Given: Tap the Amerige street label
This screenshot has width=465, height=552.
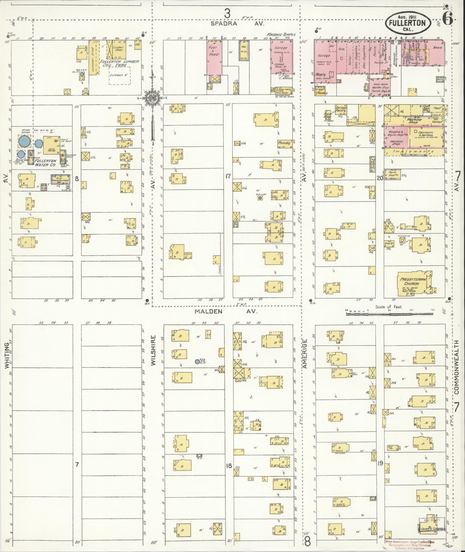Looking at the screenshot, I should pyautogui.click(x=305, y=353).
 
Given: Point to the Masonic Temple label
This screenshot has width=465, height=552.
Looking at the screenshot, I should pyautogui.click(x=281, y=35).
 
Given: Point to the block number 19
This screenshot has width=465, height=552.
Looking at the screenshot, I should pyautogui.click(x=380, y=464).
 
